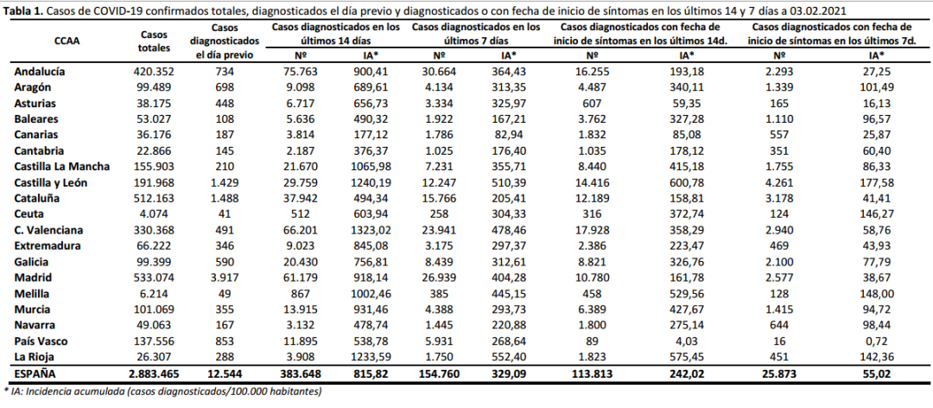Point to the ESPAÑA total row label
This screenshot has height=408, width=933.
click(37, 373)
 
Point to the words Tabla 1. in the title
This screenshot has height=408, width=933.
click(23, 10)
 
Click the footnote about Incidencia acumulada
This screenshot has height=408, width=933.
click(164, 392)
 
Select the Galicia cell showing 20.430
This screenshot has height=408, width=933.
click(295, 263)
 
